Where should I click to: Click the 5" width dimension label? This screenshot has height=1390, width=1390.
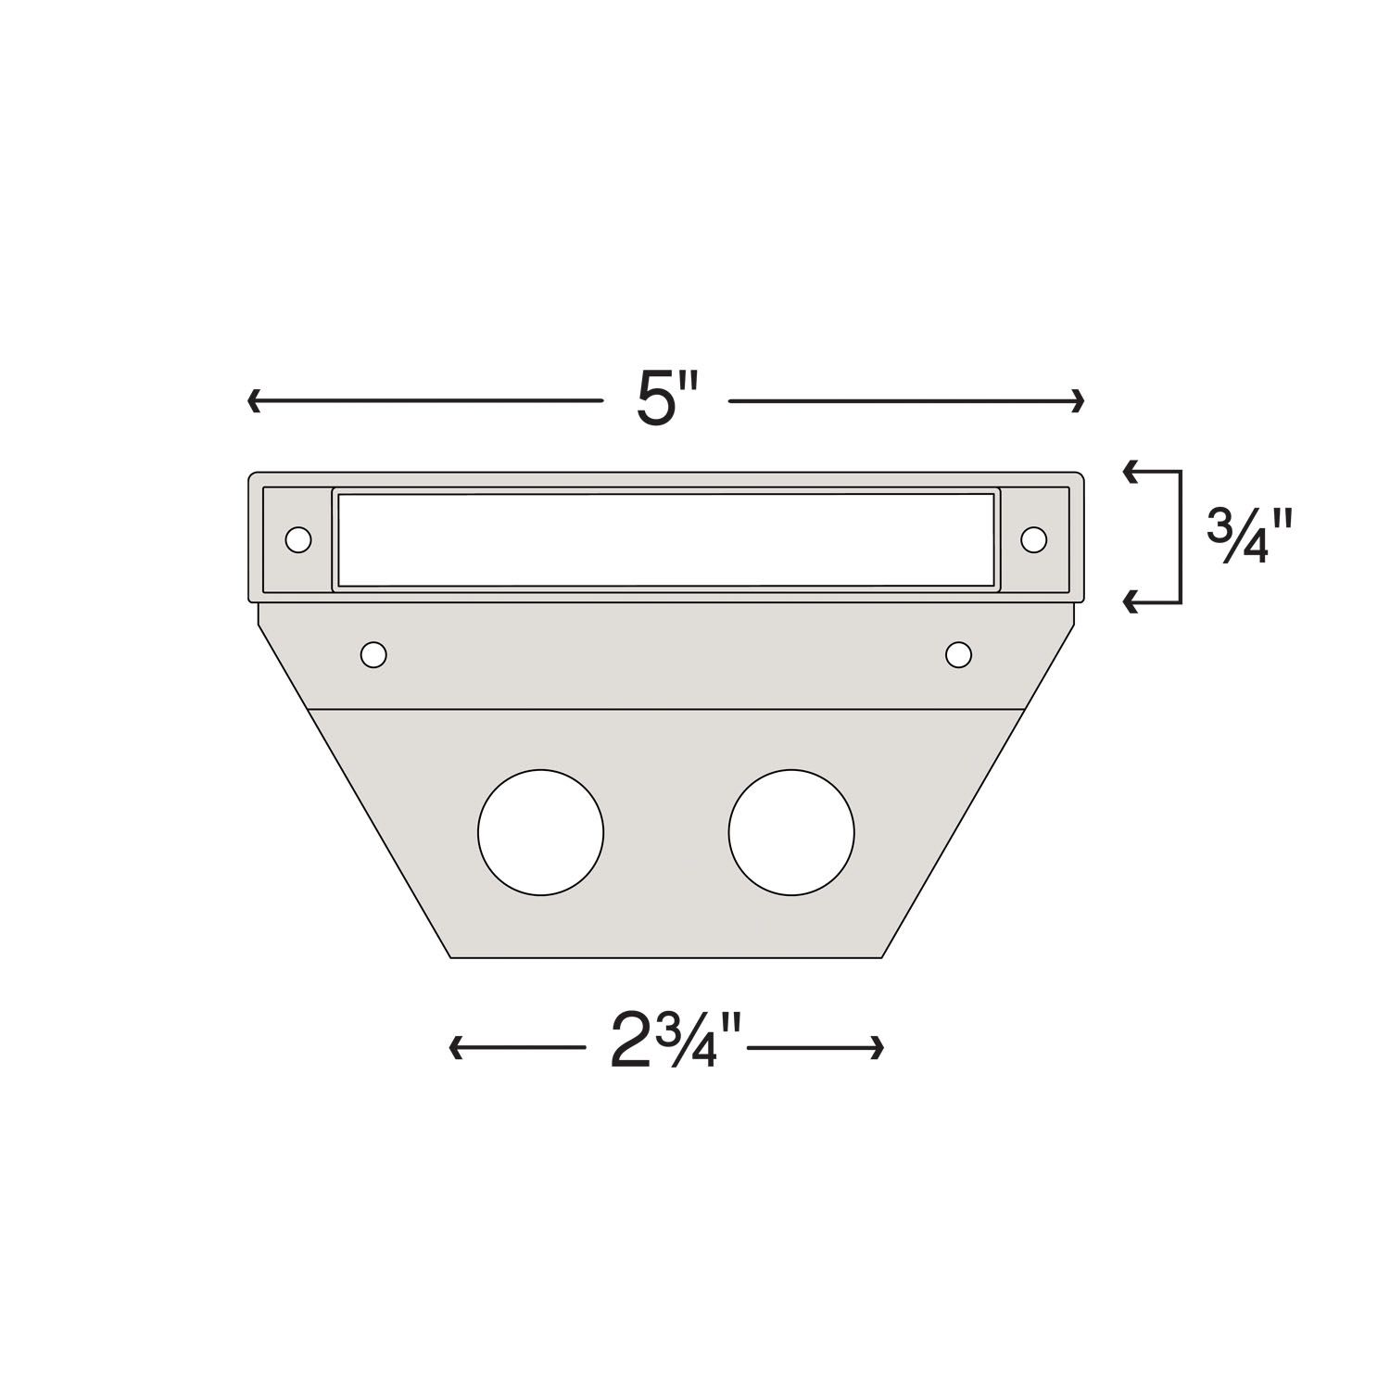tap(665, 401)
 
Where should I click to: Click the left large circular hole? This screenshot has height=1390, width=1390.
tap(540, 832)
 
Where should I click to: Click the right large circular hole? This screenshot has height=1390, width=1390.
tap(791, 832)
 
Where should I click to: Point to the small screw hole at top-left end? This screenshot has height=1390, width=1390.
tap(298, 539)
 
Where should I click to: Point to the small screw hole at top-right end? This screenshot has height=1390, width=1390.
tap(1033, 538)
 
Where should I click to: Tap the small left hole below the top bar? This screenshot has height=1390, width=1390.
tap(373, 655)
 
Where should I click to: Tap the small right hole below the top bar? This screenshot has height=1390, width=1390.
tap(958, 655)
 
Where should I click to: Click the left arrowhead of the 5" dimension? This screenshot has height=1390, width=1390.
tap(253, 401)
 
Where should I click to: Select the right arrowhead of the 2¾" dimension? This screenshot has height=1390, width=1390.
tap(878, 1048)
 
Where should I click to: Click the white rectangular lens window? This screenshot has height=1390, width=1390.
tap(665, 540)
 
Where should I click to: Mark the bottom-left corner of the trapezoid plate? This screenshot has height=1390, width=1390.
tap(451, 956)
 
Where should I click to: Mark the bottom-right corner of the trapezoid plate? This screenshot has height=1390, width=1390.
tap(882, 956)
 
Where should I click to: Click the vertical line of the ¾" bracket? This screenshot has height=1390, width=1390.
tap(1181, 537)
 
